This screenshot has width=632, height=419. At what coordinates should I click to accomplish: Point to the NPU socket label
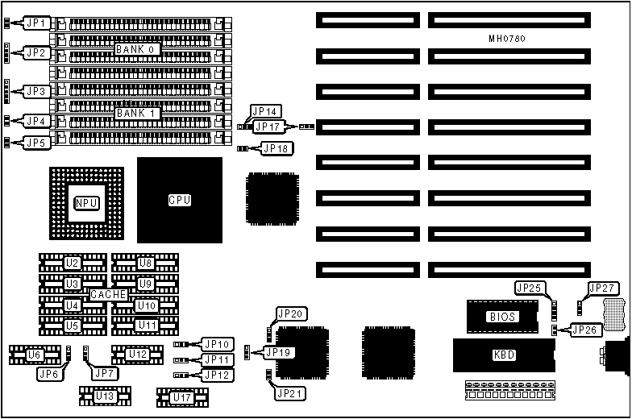coord(86,202)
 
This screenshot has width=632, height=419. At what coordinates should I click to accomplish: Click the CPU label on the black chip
coord(179,200)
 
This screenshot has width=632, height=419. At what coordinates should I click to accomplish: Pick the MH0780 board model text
coord(508,39)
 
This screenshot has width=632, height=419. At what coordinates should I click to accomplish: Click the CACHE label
coord(109,295)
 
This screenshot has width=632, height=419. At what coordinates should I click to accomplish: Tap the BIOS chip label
coord(501,317)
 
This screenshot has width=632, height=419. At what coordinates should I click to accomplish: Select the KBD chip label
coord(503,355)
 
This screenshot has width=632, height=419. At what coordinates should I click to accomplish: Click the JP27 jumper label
coord(602,288)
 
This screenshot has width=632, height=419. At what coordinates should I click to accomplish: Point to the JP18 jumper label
coord(277,148)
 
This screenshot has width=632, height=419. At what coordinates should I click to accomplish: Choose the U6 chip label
coord(33,355)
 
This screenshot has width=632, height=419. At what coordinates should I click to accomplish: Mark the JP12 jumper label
coord(218,375)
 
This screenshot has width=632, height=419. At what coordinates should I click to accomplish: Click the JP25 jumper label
coord(528,288)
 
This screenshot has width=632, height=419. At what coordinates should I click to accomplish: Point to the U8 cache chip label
coord(145,263)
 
